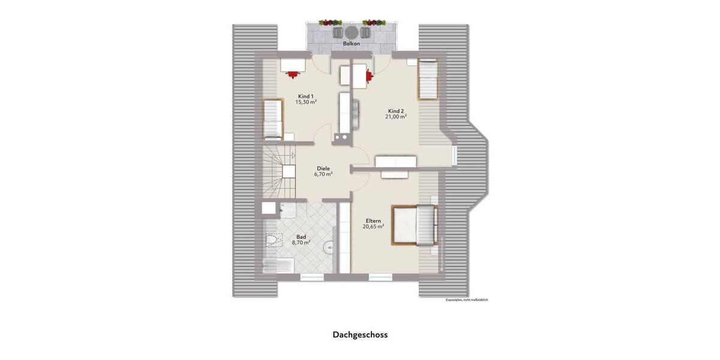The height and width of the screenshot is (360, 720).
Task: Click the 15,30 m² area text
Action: (x=305, y=103)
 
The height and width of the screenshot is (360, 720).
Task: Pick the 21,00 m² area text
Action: (x=396, y=117)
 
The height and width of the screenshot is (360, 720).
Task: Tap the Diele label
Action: (x=323, y=168)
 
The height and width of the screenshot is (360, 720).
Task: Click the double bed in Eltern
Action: (x=414, y=225)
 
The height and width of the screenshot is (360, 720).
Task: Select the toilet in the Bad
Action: (x=272, y=241)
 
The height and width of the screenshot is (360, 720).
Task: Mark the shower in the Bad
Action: (x=287, y=209)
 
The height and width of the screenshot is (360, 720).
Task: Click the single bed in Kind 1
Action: (x=272, y=118)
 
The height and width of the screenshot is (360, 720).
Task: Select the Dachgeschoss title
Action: (x=360, y=335)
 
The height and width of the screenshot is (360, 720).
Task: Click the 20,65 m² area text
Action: (x=373, y=227)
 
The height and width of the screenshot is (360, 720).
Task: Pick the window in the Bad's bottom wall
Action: (x=311, y=277)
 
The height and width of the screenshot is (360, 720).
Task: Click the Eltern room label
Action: (x=373, y=220)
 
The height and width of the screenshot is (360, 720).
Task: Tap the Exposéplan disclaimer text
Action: (x=467, y=299)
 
